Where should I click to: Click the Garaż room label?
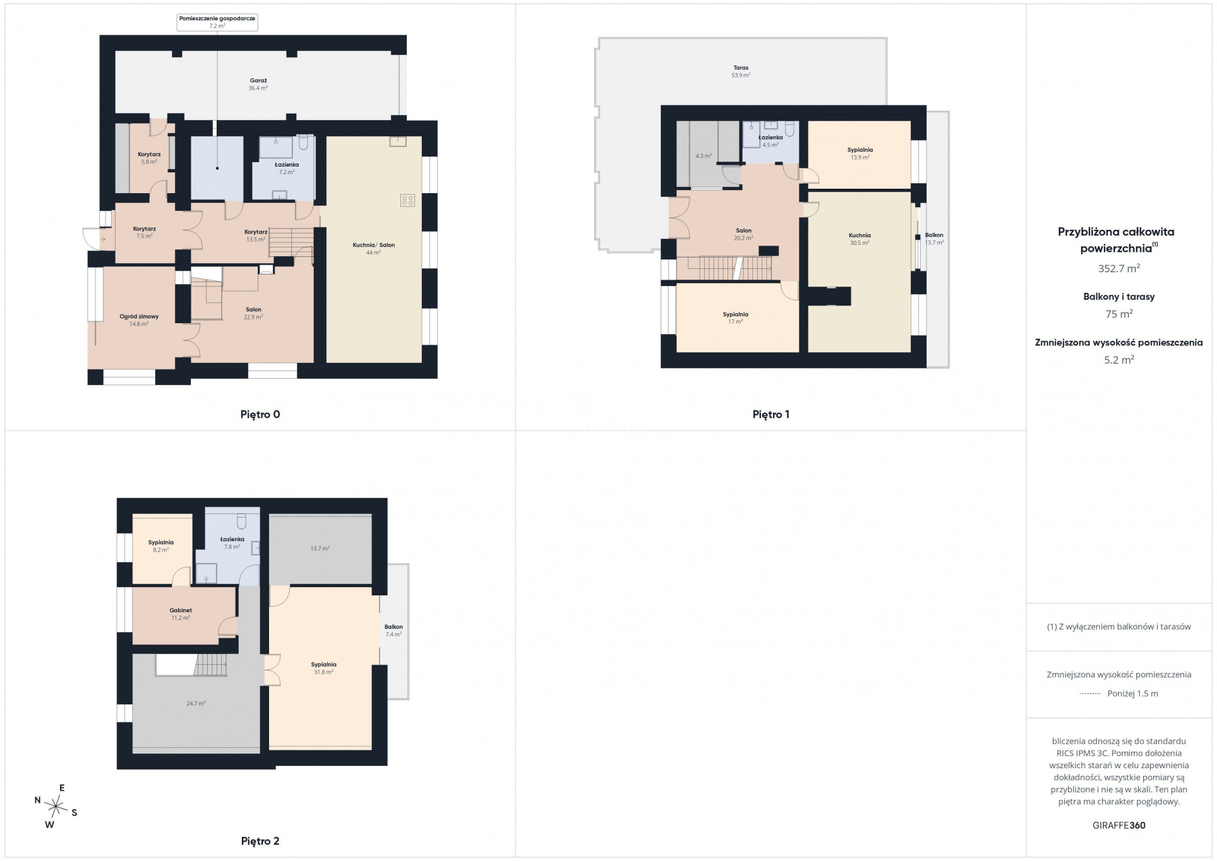[258, 85]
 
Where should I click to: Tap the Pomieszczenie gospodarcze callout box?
[217, 22]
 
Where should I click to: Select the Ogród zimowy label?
[139, 320]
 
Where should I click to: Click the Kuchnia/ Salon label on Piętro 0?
[373, 249]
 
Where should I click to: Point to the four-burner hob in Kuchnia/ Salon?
[407, 201]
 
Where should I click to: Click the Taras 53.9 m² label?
[741, 71]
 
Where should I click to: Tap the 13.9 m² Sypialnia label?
[860, 153]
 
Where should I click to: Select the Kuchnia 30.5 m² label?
[860, 239]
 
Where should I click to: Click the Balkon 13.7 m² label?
[934, 239]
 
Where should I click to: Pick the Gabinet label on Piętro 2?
[181, 614]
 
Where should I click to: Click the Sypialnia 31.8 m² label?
[323, 668]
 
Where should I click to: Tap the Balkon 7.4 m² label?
[393, 631]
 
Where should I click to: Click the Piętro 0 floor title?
[260, 415]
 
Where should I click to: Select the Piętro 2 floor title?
[260, 841]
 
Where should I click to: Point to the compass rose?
[57, 806]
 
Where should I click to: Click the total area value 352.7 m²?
[1118, 268]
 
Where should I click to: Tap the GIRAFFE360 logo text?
[1118, 826]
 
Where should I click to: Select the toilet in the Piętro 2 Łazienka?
[241, 521]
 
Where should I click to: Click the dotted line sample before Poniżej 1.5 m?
[1090, 694]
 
